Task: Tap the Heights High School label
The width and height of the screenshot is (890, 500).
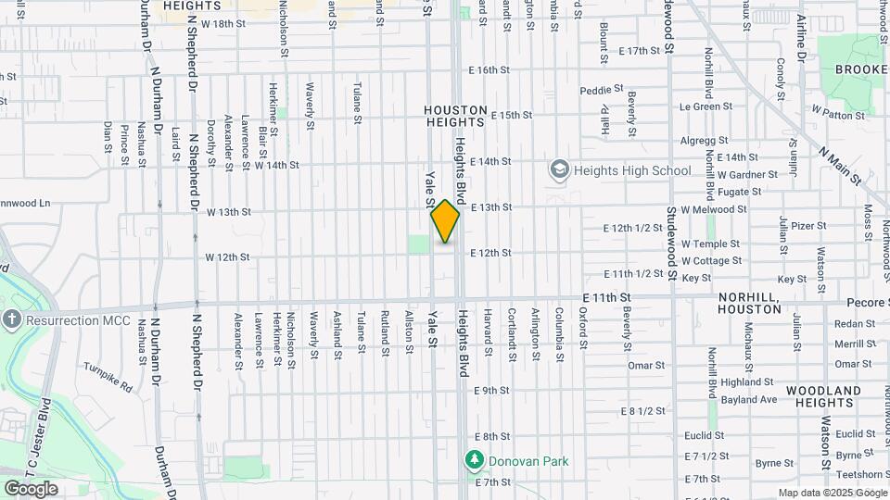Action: coord(631,170)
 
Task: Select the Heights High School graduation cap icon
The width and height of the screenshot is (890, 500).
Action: coord(559,169)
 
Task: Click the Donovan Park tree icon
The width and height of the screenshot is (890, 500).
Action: coord(475,460)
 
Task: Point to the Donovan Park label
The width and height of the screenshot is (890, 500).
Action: coord(529,461)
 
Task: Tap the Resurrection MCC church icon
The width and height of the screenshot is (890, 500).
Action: coord(11,320)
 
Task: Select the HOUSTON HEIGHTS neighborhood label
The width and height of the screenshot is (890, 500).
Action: coord(454,116)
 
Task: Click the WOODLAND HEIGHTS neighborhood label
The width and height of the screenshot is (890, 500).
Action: coord(823,398)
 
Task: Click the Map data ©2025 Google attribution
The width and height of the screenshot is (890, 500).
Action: coord(833,493)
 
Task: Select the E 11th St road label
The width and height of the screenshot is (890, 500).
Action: coord(607,297)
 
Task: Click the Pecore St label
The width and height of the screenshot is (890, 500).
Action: coord(868,303)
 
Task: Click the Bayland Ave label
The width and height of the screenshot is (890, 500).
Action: coord(748,399)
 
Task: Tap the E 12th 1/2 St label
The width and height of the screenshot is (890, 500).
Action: coord(634,228)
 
